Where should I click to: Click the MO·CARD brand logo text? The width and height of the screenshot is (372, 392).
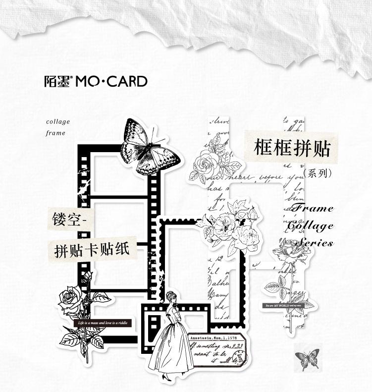tap(111, 81)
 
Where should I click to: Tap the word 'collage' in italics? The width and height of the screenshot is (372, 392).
tap(58, 122)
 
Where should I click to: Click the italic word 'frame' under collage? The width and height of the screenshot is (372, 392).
tap(55, 133)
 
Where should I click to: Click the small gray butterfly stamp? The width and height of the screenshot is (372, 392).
tap(307, 357)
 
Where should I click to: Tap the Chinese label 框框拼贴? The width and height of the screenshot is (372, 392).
tap(291, 148)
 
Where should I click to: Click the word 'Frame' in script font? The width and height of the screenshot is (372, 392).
tap(312, 209)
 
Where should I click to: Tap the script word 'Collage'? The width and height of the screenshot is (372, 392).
tap(311, 225)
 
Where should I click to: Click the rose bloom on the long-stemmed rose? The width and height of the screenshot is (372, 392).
tap(288, 248)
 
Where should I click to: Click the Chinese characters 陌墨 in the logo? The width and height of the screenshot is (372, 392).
tap(59, 81)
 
